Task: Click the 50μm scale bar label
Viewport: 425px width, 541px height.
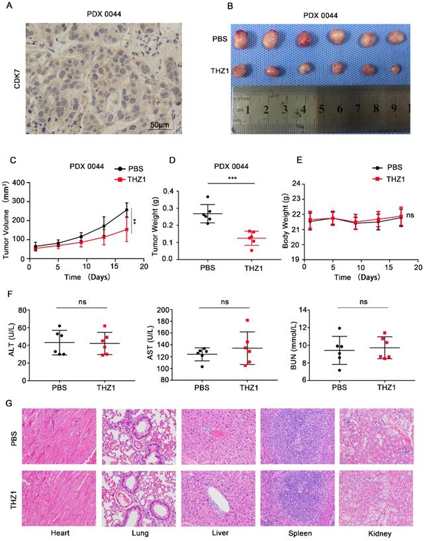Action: pos(158,125)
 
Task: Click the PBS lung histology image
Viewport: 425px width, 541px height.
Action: pos(140,438)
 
